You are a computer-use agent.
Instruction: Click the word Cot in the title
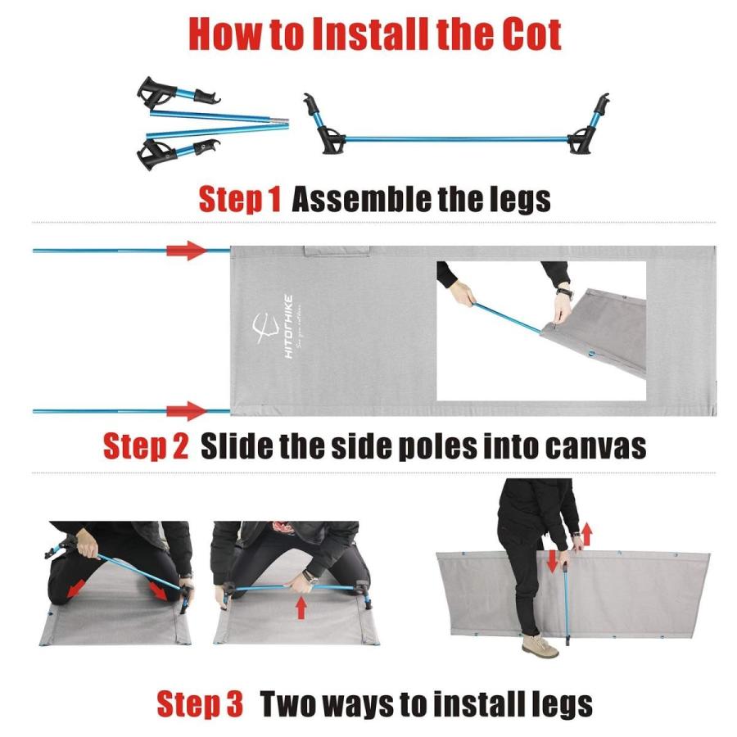point(524,34)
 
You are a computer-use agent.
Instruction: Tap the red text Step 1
point(240,199)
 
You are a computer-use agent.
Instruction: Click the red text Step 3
point(200,703)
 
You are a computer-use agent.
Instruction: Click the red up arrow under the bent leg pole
point(301,608)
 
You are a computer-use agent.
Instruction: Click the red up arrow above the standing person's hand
point(587,535)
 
